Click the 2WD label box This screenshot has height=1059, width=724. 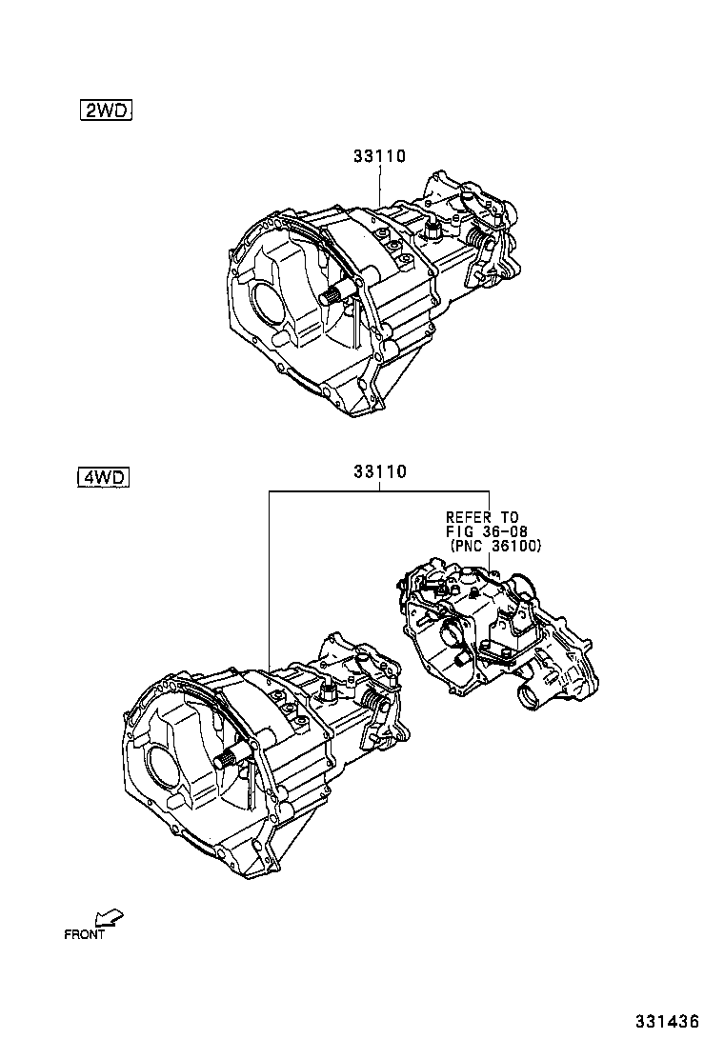[x=105, y=111]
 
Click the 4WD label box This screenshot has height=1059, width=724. [x=101, y=477]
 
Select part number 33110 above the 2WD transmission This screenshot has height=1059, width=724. [x=379, y=156]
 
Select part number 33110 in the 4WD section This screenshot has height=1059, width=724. [x=379, y=471]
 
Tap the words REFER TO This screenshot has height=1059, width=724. [x=483, y=517]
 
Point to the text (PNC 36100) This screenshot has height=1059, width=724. [x=494, y=546]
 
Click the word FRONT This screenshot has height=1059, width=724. [x=84, y=934]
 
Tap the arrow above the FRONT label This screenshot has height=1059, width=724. [x=111, y=917]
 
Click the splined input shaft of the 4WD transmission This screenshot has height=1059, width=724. [x=230, y=758]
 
